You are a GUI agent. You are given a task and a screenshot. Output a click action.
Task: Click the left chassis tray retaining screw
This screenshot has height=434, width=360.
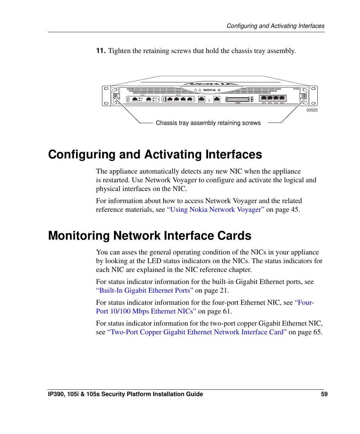(115, 96)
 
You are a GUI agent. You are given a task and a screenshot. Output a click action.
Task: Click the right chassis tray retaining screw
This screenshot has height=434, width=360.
(304, 96)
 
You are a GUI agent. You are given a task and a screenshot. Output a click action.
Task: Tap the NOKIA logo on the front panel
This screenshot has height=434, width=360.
(210, 90)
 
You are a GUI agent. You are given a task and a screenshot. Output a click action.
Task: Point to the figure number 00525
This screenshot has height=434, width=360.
(312, 110)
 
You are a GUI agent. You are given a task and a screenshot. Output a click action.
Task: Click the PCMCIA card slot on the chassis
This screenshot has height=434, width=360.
(238, 99)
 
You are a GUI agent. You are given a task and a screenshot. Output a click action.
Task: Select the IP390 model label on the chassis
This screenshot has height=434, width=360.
(296, 89)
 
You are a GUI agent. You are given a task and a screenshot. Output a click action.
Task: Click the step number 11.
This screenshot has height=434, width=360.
(101, 51)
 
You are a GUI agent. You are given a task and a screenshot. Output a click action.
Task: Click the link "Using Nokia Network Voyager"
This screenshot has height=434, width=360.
(216, 209)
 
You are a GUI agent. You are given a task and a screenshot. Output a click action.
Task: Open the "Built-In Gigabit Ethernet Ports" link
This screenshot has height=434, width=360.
(145, 290)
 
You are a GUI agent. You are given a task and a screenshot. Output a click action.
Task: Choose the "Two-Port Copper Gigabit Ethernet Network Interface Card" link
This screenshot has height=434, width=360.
(197, 332)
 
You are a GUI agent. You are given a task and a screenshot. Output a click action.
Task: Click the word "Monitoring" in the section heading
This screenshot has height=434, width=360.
(79, 236)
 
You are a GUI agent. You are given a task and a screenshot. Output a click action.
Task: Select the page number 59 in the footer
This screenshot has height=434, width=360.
(324, 394)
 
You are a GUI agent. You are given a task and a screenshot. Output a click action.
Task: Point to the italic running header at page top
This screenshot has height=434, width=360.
(275, 26)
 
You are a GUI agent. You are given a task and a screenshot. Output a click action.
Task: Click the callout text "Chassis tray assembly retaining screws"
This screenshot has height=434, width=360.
(208, 123)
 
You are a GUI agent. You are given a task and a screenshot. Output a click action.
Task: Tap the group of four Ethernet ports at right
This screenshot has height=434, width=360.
(272, 98)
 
